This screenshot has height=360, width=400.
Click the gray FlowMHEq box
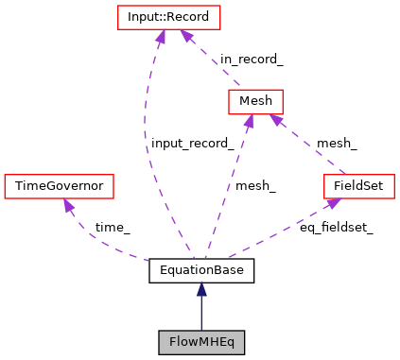click(201, 342)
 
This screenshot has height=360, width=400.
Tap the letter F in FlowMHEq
click(172, 342)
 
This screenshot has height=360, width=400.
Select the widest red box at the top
click(168, 17)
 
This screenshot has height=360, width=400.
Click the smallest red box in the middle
click(255, 101)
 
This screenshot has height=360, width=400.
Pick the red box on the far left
click(59, 186)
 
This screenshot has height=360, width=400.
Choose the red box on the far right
click(358, 186)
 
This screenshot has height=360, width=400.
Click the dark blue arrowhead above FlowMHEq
click(201, 289)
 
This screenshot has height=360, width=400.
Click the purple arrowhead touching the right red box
click(333, 203)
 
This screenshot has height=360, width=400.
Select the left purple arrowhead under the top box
click(160, 37)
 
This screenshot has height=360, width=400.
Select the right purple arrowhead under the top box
click(187, 36)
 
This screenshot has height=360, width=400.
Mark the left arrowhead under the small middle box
click(249, 121)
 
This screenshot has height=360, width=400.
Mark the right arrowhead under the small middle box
click(274, 120)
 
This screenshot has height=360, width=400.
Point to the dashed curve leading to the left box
click(99, 244)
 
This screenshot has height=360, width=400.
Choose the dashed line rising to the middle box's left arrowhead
click(228, 189)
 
